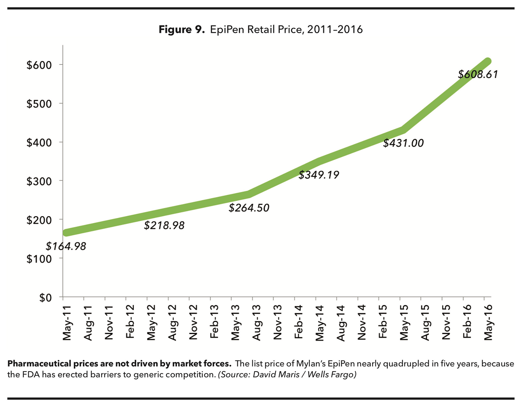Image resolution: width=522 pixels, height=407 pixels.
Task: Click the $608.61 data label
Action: coord(478,75)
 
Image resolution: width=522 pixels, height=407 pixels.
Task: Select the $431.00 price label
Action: coord(403,143)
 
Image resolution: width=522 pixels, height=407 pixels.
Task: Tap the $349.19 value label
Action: coord(319,175)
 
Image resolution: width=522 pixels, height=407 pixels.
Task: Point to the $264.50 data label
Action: coord(249,208)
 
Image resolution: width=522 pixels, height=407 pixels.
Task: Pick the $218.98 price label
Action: coord(164,225)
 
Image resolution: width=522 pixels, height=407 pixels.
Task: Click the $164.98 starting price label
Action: coord(66,246)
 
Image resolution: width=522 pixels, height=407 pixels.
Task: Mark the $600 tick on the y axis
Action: coord(39,65)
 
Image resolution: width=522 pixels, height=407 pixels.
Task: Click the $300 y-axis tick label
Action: coord(39,182)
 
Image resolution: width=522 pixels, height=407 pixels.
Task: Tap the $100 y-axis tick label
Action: coord(39,259)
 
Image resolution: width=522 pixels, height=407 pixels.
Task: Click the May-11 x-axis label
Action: coord(67,323)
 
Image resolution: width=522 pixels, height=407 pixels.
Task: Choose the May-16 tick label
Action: coord(488,323)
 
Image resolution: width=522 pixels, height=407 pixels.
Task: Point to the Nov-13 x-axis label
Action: coord(278,323)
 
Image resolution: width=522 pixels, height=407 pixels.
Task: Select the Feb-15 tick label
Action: coord(383,323)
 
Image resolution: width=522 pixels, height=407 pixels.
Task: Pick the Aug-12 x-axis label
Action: coord(172,323)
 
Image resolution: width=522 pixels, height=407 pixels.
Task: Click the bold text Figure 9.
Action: coord(182,29)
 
